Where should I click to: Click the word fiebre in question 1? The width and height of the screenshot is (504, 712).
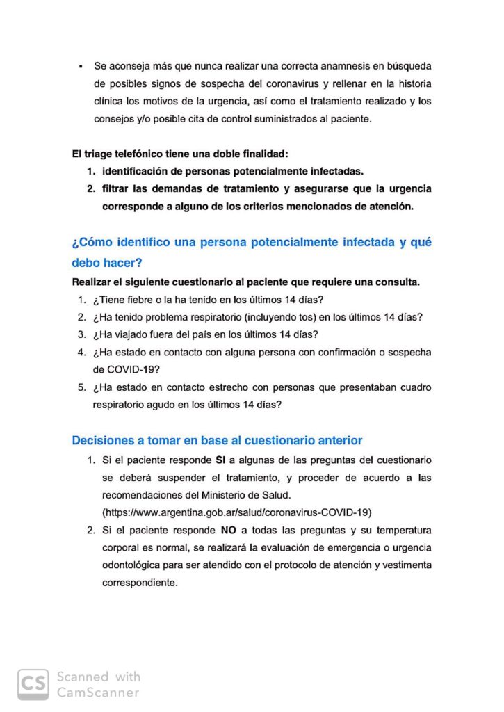[147, 300]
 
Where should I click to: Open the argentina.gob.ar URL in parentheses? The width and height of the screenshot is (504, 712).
[237, 512]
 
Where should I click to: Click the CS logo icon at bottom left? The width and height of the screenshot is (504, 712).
[33, 683]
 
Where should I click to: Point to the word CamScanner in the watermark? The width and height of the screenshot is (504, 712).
[97, 692]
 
